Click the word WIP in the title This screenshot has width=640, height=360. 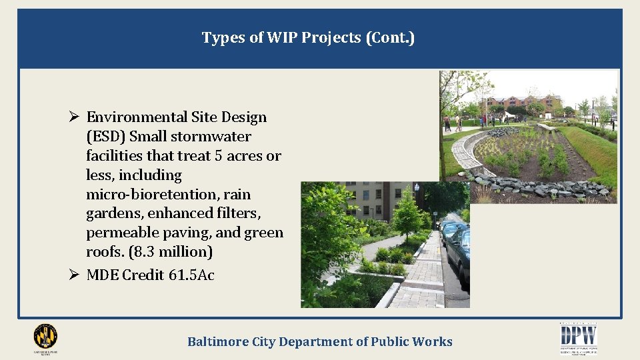283,38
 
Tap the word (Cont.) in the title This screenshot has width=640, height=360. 390,38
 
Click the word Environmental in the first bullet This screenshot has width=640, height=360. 137,117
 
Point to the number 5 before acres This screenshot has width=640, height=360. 218,156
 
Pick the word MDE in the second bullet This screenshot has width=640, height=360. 102,275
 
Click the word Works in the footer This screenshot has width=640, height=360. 434,342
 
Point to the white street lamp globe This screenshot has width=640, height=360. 417,188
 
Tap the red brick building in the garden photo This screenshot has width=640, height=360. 524,103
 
